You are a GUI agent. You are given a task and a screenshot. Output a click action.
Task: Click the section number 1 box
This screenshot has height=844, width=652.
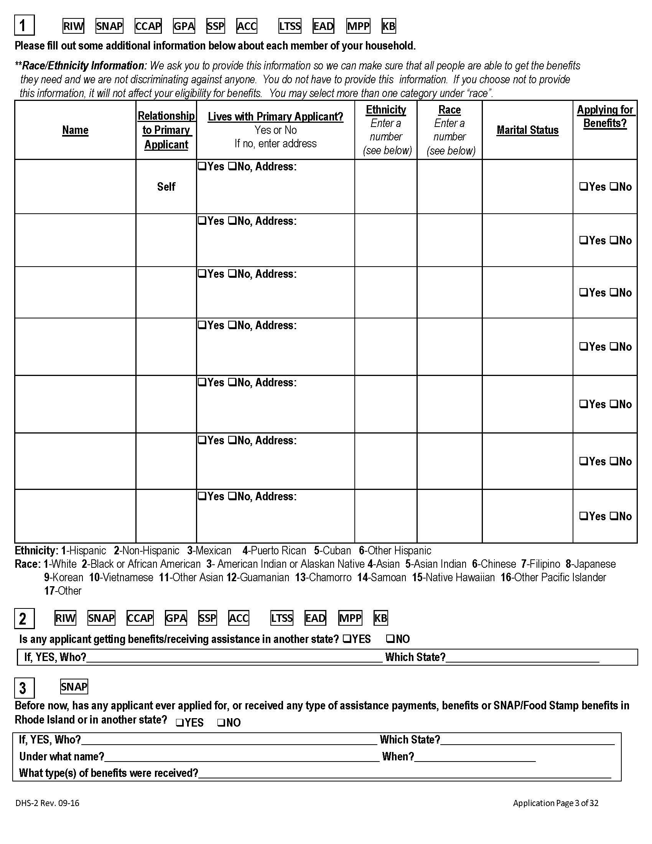click(24, 25)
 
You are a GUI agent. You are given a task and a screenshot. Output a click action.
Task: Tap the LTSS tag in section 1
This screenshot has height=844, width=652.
click(289, 26)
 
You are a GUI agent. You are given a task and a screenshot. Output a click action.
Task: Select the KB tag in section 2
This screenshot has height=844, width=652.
click(380, 618)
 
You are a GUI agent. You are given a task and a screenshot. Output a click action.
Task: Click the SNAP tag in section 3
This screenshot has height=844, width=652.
click(74, 687)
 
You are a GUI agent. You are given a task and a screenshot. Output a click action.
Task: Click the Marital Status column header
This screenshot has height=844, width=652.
click(527, 130)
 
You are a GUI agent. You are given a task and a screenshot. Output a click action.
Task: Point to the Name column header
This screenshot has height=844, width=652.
click(75, 130)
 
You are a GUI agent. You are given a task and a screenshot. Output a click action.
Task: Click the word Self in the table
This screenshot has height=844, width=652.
click(166, 187)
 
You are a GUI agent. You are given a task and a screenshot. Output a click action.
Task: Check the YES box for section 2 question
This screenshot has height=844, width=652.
click(346, 639)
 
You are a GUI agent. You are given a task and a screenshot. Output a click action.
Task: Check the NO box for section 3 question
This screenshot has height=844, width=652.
click(221, 722)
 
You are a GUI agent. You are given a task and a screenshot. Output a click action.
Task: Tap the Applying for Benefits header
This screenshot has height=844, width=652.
click(605, 116)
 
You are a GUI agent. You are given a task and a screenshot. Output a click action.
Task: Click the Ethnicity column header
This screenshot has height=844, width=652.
click(386, 110)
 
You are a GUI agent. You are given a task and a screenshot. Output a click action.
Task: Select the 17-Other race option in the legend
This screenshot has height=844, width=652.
click(63, 591)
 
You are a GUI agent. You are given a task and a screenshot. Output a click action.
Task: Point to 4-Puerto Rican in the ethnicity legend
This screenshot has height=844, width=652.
click(274, 550)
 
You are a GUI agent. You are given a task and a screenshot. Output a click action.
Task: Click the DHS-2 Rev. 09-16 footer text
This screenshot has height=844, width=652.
click(48, 803)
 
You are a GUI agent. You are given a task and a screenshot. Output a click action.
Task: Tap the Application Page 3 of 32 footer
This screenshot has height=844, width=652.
click(555, 803)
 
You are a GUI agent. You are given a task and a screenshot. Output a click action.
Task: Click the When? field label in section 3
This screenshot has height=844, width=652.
click(398, 756)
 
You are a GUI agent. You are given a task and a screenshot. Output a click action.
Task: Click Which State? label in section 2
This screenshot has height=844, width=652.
click(415, 657)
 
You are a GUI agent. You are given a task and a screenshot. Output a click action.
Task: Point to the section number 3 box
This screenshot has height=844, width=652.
click(23, 688)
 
